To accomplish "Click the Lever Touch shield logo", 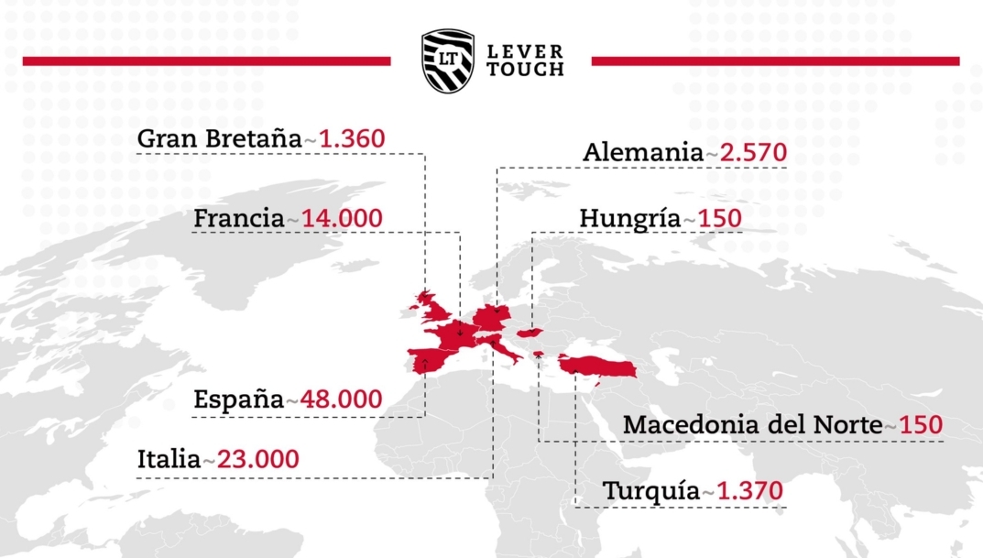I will click(448, 60).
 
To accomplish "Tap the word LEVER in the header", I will click(525, 51).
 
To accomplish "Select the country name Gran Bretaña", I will click(218, 139).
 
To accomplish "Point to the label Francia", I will click(238, 219).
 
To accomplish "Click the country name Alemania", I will click(642, 152).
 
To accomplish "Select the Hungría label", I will click(630, 219).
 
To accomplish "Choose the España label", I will click(238, 400).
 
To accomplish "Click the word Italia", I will click(169, 459).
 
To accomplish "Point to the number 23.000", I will click(254, 459).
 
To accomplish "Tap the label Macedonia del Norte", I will click(752, 426).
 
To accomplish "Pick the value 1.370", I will click(750, 491).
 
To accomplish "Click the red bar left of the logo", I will click(206, 61).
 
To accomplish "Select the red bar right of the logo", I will click(775, 61).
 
